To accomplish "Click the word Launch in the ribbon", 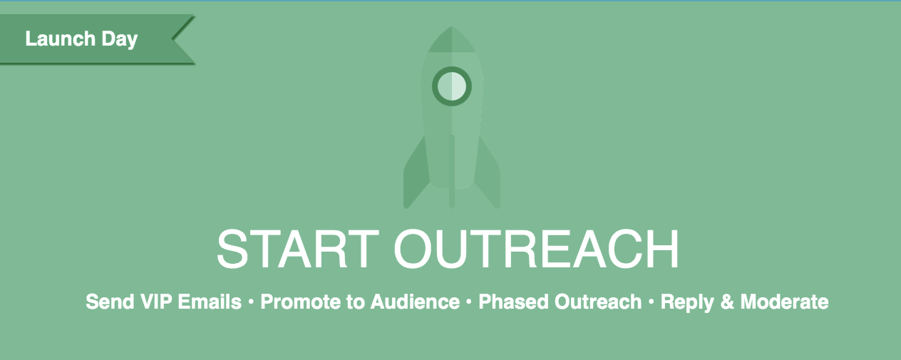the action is click(61, 39).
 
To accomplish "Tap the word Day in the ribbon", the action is click(120, 40).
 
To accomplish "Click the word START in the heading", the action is click(298, 249).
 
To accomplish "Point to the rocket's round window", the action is click(452, 86).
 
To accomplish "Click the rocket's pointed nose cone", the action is click(452, 40).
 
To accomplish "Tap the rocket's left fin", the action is click(416, 173).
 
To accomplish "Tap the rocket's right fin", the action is click(488, 173).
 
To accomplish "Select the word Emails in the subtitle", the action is click(210, 302).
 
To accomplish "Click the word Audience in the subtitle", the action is click(415, 302).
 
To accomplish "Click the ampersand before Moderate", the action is click(727, 302).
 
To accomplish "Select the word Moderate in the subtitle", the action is click(784, 302).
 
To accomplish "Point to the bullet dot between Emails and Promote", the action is click(251, 302).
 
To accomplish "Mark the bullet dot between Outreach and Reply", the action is click(652, 302).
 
